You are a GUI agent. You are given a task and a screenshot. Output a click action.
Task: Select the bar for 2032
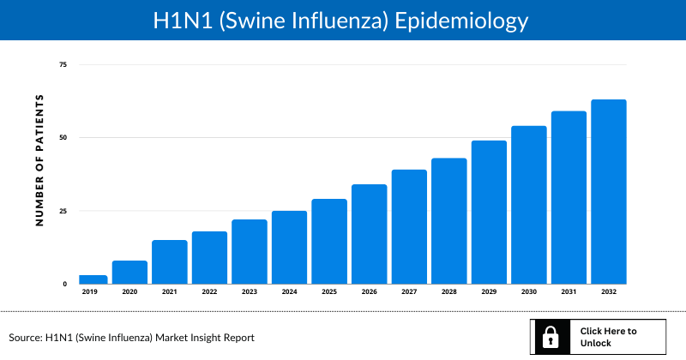[x=609, y=192]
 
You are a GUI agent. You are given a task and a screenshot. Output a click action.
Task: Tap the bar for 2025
[x=329, y=242]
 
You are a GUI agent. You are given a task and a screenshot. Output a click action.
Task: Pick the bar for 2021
[x=170, y=262]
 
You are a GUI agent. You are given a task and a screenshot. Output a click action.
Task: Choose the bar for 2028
[x=449, y=221]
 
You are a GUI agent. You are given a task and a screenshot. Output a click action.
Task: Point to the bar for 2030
[x=529, y=205]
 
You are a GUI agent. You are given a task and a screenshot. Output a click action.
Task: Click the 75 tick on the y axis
[x=63, y=65]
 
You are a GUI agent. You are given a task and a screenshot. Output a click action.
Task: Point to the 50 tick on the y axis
[x=63, y=138]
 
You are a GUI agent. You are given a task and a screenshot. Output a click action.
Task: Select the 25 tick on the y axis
[x=63, y=211]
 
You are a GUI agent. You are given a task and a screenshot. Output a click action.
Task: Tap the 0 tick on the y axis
[x=63, y=284]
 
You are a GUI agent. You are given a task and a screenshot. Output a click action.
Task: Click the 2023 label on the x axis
[x=250, y=292]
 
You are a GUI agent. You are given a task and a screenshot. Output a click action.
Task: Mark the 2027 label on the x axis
[x=409, y=292]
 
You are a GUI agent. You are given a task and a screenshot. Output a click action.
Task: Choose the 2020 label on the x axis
[x=129, y=292]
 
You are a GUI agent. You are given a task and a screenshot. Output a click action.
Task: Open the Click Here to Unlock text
[x=608, y=337]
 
